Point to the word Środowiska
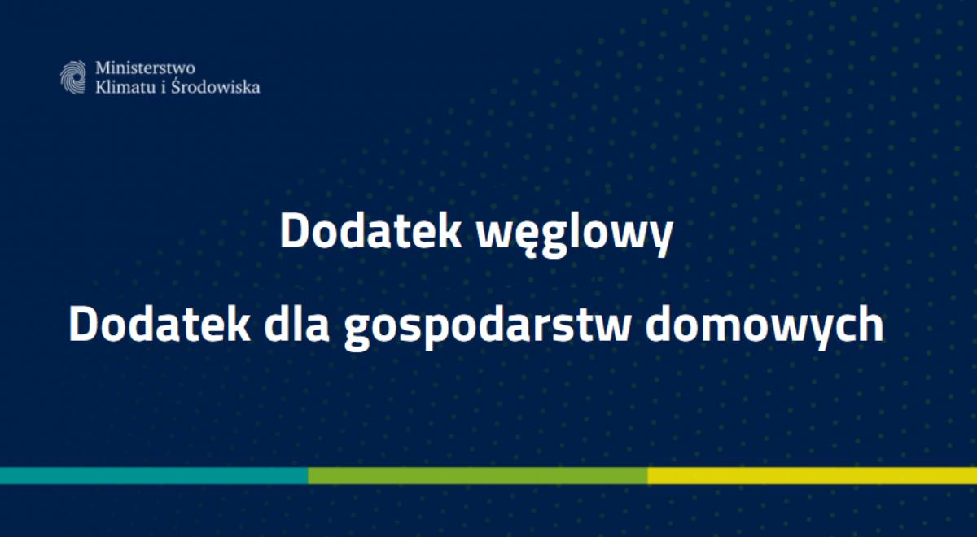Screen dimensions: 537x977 coord(221,86)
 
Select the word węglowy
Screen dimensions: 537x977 coord(575,234)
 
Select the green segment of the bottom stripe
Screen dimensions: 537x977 coord(477,476)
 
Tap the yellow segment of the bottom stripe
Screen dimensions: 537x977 coord(812,476)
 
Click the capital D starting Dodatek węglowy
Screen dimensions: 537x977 coord(293,232)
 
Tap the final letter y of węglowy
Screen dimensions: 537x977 coord(663,238)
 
